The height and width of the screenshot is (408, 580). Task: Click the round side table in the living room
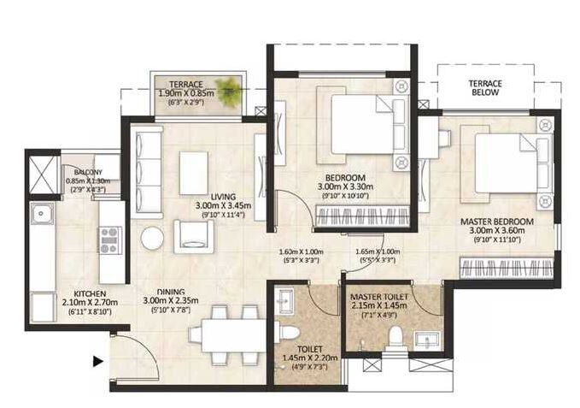(152, 238)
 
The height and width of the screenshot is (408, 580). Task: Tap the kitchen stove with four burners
(109, 241)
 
